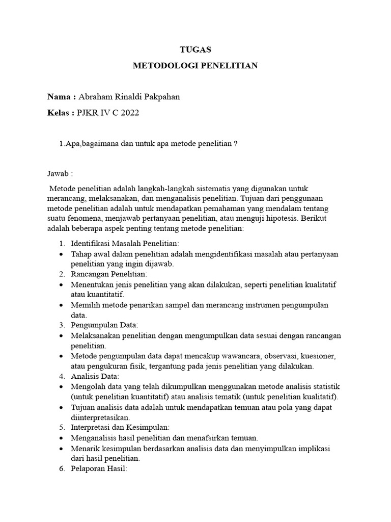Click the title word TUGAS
coord(195,49)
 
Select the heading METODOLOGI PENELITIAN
coord(195,66)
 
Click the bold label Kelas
coord(61,113)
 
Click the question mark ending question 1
coord(236,144)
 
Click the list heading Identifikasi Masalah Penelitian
coord(125,243)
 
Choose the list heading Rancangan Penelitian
coord(108,274)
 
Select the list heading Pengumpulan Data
coord(104,325)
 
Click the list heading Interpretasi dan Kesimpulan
coord(120,427)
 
